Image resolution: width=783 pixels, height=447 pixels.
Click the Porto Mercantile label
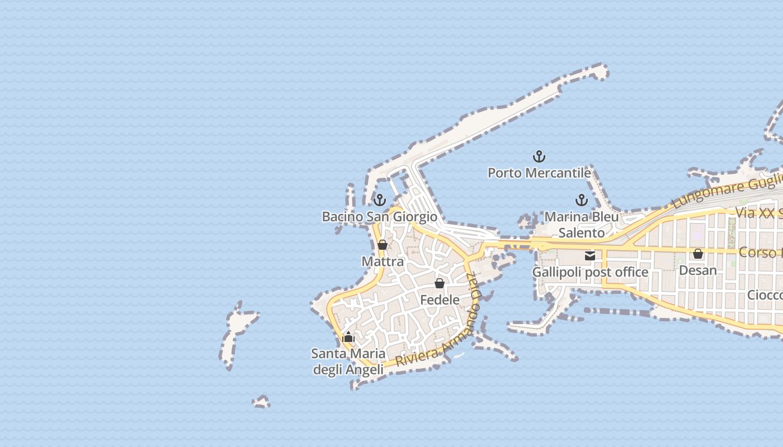tap(539, 173)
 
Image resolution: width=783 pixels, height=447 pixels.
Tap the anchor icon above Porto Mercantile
tap(539, 156)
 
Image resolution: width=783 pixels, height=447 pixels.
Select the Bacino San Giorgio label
tap(379, 216)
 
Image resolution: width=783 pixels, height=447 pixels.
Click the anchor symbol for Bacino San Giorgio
tap(380, 199)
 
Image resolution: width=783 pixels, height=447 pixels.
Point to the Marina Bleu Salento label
tap(582, 225)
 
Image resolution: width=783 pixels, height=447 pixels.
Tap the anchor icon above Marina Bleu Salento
tap(582, 199)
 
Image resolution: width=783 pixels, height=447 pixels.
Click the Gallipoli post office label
tap(590, 272)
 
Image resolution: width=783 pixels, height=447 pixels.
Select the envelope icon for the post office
tap(590, 256)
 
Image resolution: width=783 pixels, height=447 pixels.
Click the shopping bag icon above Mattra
tap(383, 245)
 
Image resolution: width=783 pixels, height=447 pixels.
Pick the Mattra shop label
tap(383, 261)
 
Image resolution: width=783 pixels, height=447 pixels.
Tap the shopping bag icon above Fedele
tap(440, 283)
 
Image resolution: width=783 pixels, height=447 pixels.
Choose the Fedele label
tap(440, 299)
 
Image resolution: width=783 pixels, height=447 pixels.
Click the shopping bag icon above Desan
tap(698, 254)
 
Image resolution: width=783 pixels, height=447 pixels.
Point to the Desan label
tap(697, 270)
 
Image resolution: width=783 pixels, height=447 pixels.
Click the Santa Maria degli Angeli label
tap(348, 362)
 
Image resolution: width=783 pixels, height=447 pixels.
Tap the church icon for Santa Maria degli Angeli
tap(348, 336)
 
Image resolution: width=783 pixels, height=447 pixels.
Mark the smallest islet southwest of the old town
tap(261, 402)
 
